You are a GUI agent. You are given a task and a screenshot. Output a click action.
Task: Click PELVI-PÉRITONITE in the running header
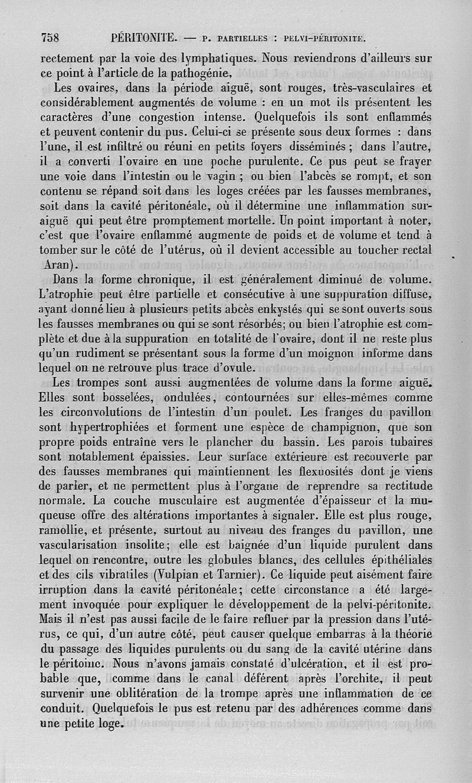pyautogui.click(x=326, y=40)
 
